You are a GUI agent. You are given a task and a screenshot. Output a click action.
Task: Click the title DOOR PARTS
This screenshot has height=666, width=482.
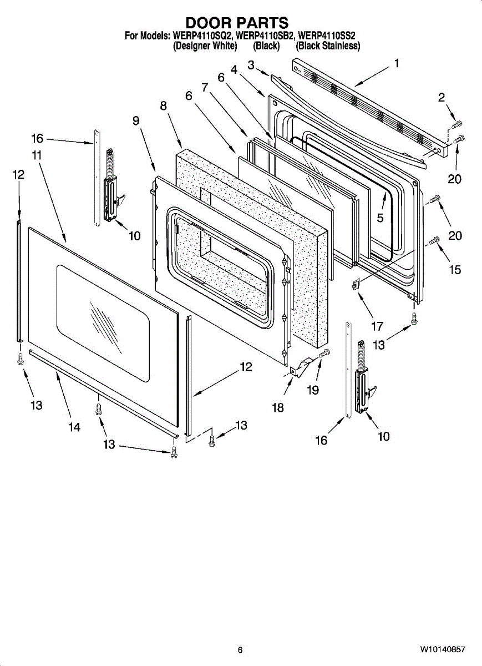[x=237, y=23]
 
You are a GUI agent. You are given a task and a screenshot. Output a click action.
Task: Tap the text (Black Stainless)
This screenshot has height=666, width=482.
[x=328, y=47]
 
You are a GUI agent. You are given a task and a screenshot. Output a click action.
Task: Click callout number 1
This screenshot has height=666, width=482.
[x=397, y=64]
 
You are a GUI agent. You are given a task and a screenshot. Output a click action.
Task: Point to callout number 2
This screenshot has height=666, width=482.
[x=442, y=98]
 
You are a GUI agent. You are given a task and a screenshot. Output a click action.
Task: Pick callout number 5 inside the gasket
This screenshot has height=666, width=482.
[x=380, y=218]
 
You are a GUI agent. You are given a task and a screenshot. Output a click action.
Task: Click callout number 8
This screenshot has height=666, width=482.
[x=164, y=106]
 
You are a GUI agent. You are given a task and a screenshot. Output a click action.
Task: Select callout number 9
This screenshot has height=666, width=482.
[x=136, y=121]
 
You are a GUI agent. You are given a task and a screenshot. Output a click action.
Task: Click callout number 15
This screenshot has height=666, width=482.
[x=455, y=270]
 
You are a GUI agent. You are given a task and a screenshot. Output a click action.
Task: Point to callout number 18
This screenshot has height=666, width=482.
[x=278, y=408]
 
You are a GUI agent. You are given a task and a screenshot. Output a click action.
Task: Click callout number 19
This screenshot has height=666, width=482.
[x=313, y=390]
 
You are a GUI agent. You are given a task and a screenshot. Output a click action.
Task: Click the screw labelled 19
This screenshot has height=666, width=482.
[x=324, y=353]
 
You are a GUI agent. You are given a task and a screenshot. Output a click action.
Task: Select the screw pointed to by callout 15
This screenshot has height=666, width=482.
[x=435, y=240]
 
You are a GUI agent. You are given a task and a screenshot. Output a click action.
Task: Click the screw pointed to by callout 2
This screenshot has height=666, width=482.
[x=458, y=123]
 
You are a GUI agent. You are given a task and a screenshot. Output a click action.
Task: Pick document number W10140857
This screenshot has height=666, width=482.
[x=442, y=649]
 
